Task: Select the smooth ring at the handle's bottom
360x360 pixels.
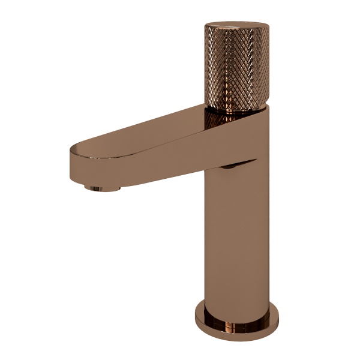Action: (x=236, y=109)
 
